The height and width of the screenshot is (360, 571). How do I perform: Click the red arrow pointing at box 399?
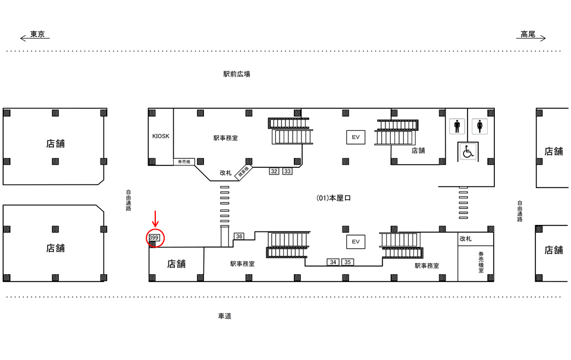[156, 218]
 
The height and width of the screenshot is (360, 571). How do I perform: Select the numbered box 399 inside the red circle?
[154, 237]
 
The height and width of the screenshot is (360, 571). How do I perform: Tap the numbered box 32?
[274, 171]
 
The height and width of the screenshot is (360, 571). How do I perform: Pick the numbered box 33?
[287, 171]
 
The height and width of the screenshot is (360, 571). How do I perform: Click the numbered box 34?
[333, 262]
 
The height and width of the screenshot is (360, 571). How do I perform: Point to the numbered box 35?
[347, 262]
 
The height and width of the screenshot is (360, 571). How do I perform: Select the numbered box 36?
[239, 236]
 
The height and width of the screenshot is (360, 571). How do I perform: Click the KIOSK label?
[161, 136]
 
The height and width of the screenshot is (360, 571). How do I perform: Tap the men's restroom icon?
[457, 127]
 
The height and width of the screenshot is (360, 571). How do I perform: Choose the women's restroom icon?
[480, 127]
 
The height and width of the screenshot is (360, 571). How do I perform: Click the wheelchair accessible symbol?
[468, 152]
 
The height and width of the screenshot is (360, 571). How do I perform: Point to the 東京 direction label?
[37, 35]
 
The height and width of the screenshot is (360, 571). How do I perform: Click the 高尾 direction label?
[528, 35]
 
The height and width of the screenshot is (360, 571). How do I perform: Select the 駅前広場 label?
[237, 74]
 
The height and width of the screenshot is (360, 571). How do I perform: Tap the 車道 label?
[225, 316]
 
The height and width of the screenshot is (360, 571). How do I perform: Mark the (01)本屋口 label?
[334, 198]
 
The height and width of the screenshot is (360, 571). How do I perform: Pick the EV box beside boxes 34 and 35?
[356, 242]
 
